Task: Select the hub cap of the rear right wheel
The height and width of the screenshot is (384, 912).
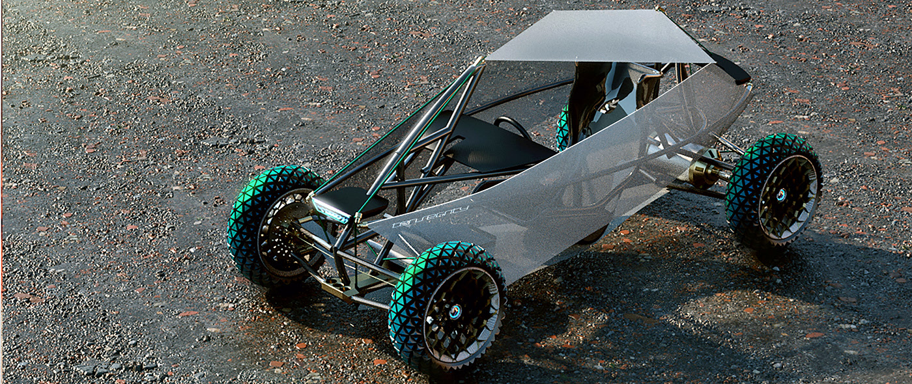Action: tap(780, 195)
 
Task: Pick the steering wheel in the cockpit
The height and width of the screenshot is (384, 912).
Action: tap(512, 126)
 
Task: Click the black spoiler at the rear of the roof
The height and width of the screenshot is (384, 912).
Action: tap(730, 65)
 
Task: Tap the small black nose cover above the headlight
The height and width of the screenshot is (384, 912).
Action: tap(352, 199)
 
